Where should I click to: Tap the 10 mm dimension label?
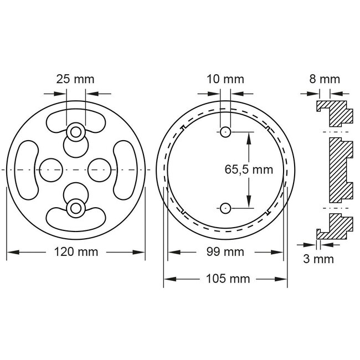(224, 79)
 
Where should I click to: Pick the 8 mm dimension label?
(324, 79)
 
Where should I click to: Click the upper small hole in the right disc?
(224, 132)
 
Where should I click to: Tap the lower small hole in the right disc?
(224, 208)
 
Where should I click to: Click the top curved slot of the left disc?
(76, 120)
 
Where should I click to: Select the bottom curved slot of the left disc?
(76, 218)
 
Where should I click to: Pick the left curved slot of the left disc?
(27, 169)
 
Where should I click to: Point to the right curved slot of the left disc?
(124, 169)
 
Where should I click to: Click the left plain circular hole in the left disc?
(52, 169)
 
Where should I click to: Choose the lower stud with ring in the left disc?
(75, 206)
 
